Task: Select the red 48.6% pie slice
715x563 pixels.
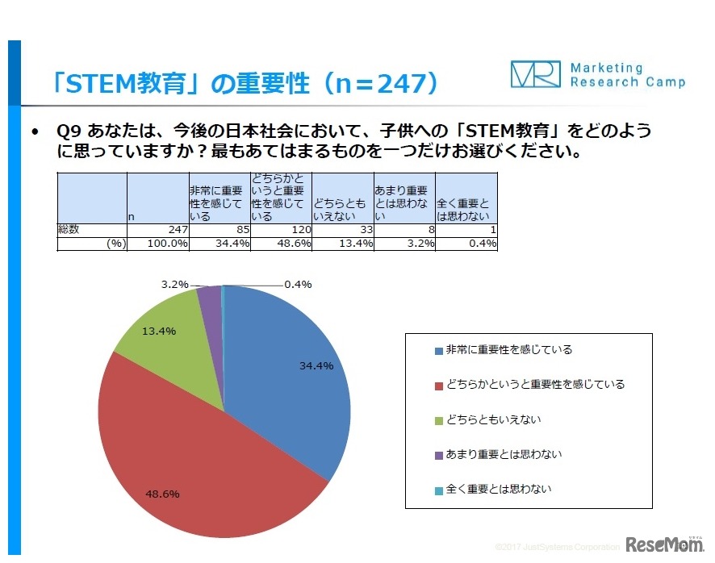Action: pos(202,460)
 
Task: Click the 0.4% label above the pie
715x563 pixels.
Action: pos(298,284)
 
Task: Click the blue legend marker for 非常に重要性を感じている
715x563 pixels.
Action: pos(438,350)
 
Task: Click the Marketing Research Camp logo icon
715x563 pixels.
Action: pos(534,74)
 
